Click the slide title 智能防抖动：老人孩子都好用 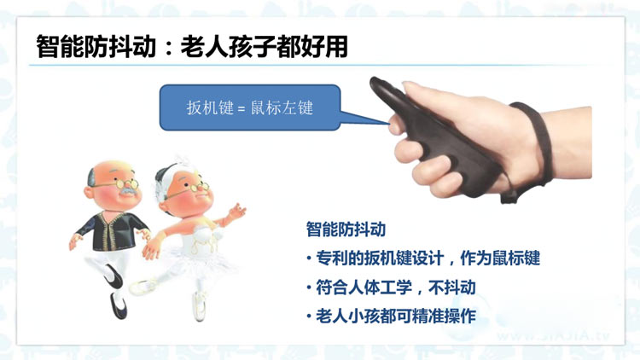tap(192, 47)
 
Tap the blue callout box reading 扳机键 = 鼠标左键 tap(250, 107)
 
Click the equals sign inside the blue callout tap(241, 109)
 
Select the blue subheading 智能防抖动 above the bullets tap(346, 229)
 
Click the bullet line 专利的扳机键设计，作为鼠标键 tap(423, 258)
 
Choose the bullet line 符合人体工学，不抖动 tap(392, 287)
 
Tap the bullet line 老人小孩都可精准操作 tap(392, 316)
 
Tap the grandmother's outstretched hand tap(237, 212)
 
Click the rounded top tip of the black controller tap(375, 82)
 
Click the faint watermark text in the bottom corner tap(553, 336)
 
